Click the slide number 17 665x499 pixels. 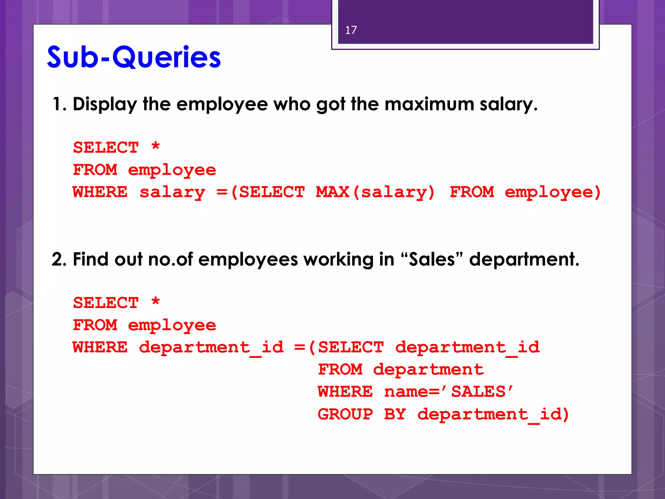click(x=351, y=30)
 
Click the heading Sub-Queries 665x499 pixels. click(x=134, y=57)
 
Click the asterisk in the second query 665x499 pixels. click(x=156, y=302)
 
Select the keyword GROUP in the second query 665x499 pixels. click(x=345, y=414)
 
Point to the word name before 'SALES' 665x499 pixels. click(x=406, y=392)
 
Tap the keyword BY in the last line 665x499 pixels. click(x=395, y=414)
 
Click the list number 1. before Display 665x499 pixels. click(x=59, y=104)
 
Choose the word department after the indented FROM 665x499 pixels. click(x=428, y=370)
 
